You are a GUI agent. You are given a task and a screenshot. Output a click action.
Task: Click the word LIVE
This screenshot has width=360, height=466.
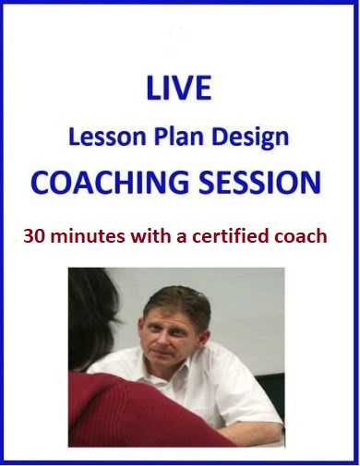pyautogui.click(x=179, y=88)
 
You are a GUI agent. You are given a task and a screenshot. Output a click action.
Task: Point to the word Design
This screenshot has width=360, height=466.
pyautogui.click(x=252, y=138)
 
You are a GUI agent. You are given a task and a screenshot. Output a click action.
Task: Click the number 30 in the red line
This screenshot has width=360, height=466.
pyautogui.click(x=45, y=235)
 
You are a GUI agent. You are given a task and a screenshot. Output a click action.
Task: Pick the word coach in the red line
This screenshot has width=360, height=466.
pyautogui.click(x=301, y=235)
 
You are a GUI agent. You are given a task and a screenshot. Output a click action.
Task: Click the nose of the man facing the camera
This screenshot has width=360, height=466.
pyautogui.click(x=158, y=339)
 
